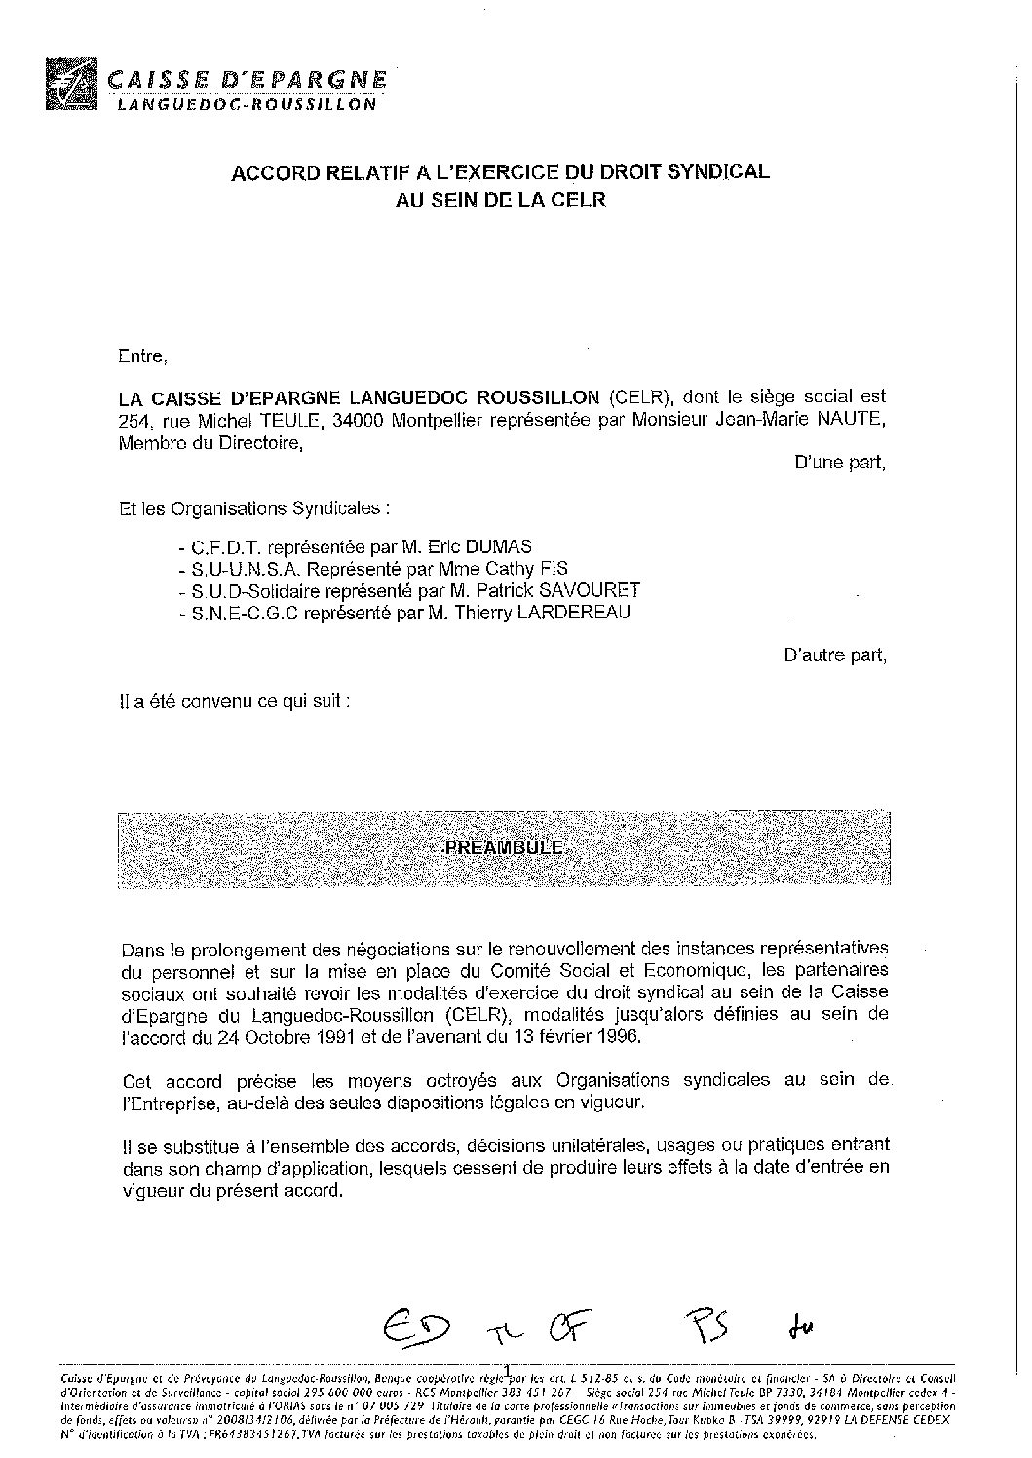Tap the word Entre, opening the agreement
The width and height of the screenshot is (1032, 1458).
pyautogui.click(x=142, y=355)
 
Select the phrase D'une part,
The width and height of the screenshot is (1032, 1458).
pyautogui.click(x=841, y=463)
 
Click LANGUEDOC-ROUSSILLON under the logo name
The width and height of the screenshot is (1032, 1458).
pyautogui.click(x=246, y=104)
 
